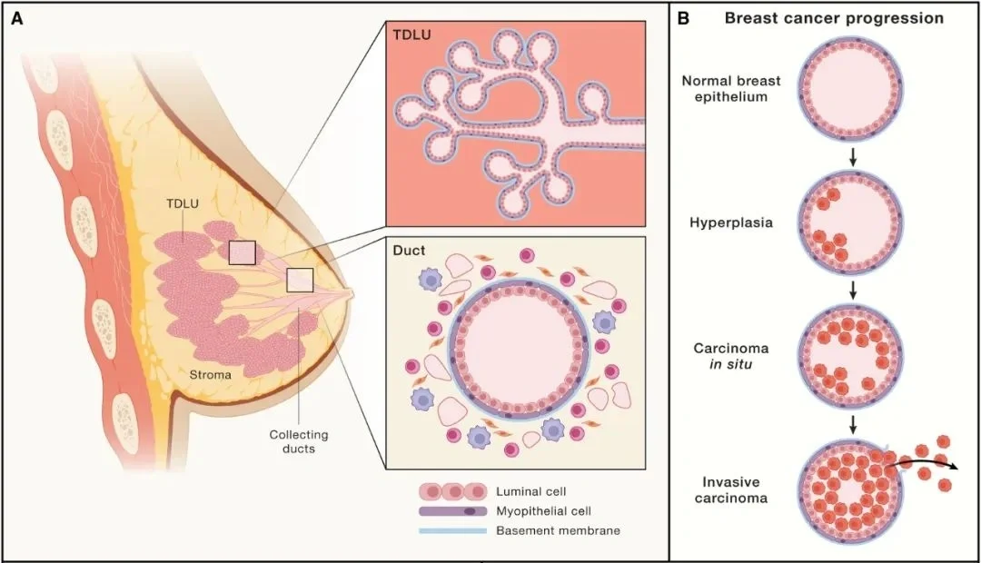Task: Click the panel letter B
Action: pyautogui.click(x=683, y=18)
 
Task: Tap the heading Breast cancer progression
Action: pyautogui.click(x=834, y=18)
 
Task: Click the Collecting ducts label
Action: pyautogui.click(x=298, y=441)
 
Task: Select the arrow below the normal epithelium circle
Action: pyautogui.click(x=852, y=155)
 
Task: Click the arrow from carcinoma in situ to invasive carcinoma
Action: pyautogui.click(x=852, y=424)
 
